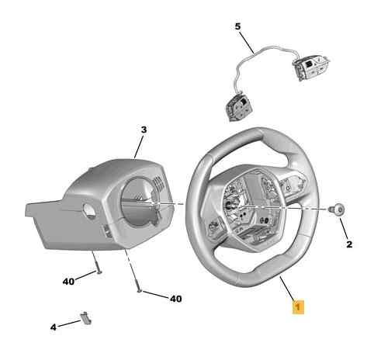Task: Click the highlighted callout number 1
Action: (298, 307)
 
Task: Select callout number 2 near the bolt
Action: (349, 244)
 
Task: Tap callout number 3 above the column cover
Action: (144, 130)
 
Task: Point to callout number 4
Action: (54, 327)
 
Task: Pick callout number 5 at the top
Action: (237, 26)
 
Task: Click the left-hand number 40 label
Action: (68, 282)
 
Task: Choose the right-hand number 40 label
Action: (176, 299)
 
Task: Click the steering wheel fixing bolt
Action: (337, 209)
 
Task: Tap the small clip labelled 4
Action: (85, 318)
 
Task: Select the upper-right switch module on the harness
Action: (310, 67)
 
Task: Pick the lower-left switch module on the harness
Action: (239, 107)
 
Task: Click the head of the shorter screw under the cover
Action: (99, 272)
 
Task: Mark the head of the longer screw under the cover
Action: (140, 291)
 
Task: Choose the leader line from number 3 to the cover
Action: (138, 147)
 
